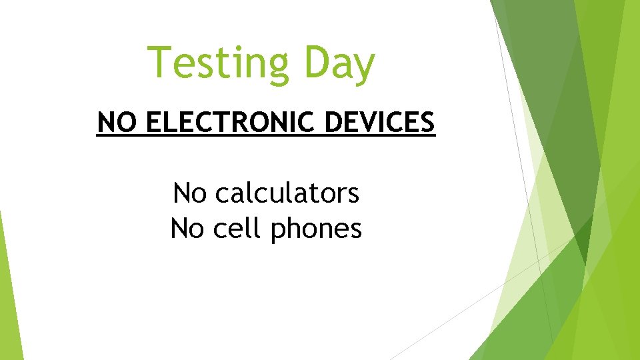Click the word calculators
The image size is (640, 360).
[287, 194]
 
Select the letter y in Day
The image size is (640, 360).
[363, 69]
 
